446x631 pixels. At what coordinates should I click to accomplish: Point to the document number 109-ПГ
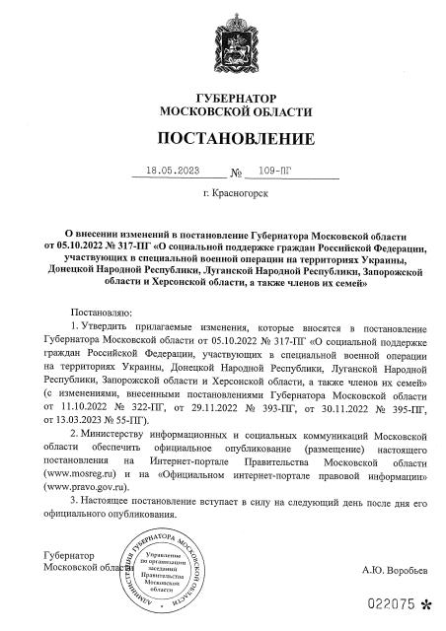click(x=285, y=169)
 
